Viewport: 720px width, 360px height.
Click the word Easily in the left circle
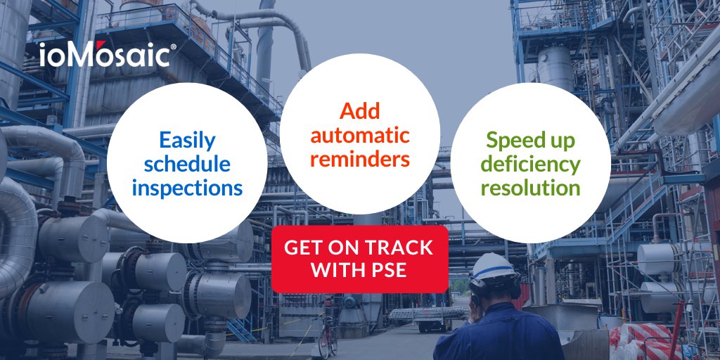point(187,140)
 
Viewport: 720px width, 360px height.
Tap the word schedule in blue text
point(187,164)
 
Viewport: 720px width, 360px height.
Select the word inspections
point(187,188)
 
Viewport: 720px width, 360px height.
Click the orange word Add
point(359,111)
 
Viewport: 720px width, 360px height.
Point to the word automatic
point(360,134)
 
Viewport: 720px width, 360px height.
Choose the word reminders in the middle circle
point(360,158)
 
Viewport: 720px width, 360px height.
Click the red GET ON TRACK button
point(360,258)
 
